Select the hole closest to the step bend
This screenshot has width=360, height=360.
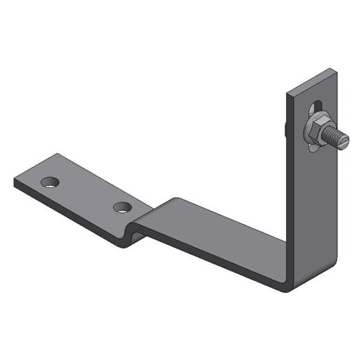click(121, 208)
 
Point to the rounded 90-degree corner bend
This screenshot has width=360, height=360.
click(288, 277)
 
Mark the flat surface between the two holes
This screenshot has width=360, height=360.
click(86, 191)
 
